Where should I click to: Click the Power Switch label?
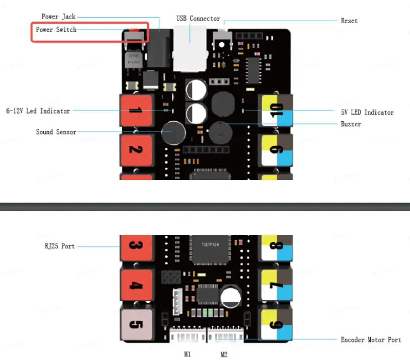[56, 30]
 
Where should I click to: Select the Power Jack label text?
[58, 17]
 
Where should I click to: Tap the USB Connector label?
[198, 19]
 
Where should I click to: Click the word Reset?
[349, 21]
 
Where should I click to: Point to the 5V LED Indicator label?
[364, 112]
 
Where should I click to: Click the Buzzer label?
[351, 124]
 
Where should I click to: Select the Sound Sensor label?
[56, 132]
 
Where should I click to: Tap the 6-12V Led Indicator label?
[38, 111]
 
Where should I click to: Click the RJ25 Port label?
[57, 246]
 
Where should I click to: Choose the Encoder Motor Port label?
[371, 340]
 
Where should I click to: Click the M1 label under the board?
[187, 354]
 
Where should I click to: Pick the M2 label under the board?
[224, 354]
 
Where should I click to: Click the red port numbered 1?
[135, 110]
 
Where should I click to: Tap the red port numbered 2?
[135, 149]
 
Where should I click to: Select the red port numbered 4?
[135, 286]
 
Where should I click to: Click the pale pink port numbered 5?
[135, 324]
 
